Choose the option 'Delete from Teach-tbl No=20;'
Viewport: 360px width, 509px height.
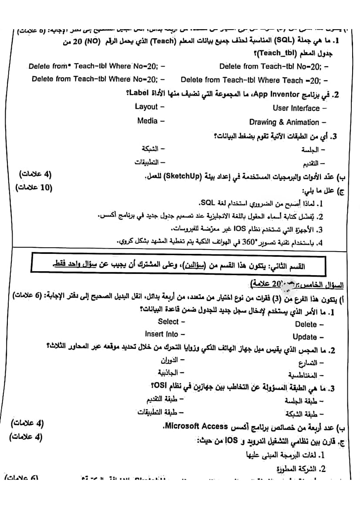click(270, 66)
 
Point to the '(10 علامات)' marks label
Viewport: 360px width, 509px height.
click(34, 188)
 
